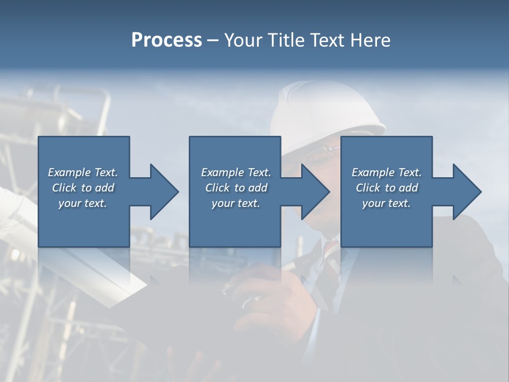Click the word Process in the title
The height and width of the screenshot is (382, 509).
point(166,40)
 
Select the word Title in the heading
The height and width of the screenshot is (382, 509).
point(286,40)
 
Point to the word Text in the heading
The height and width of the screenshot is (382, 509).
point(327,40)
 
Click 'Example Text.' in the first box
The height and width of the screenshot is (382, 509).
point(83,172)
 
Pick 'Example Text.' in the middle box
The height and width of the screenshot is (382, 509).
point(236,172)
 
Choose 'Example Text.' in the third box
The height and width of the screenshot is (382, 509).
point(387,172)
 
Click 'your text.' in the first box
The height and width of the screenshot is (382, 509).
point(83,203)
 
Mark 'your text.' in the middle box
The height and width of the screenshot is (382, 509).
point(236,203)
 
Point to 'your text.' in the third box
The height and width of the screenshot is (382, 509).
point(387,203)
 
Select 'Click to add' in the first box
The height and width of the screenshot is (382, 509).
point(83,188)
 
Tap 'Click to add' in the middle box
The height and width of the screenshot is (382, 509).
point(236,188)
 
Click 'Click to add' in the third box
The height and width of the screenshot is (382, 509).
point(387,188)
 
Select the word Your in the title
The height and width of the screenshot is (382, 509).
point(244,40)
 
